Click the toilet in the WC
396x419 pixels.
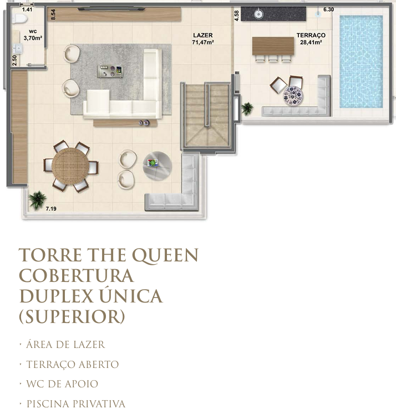(x=21, y=18)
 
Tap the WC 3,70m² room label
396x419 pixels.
(x=33, y=35)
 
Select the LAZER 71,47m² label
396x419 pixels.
(x=203, y=38)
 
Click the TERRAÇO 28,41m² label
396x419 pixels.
(x=311, y=38)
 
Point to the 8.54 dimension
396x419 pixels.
(x=53, y=14)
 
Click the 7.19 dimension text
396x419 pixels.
(x=51, y=209)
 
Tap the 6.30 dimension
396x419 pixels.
(x=328, y=9)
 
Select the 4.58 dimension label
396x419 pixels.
(x=236, y=16)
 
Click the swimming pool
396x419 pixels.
(x=361, y=62)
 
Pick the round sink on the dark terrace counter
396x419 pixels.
(x=258, y=14)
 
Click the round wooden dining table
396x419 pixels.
(x=70, y=166)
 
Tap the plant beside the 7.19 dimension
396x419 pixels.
(x=37, y=200)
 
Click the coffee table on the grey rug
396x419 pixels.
(x=110, y=71)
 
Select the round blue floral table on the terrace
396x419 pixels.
(x=293, y=95)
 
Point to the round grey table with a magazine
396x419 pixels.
(x=157, y=166)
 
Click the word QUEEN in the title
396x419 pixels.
(x=165, y=255)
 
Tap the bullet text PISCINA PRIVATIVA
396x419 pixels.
(x=76, y=404)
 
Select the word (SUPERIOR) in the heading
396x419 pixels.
(x=72, y=317)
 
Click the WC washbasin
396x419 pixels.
(x=18, y=48)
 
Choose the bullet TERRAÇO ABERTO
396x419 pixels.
(x=72, y=365)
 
